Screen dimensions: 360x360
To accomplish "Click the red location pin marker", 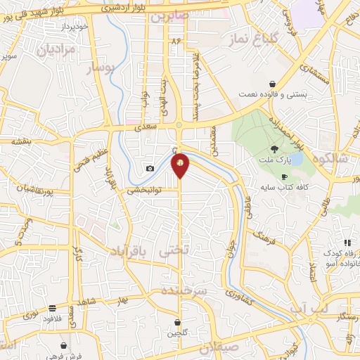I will pyautogui.click(x=181, y=164).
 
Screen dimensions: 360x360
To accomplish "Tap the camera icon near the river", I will pyautogui.click(x=150, y=168).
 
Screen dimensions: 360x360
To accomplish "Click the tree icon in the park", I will pyautogui.click(x=274, y=148).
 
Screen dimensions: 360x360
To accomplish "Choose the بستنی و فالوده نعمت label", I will pyautogui.click(x=272, y=94).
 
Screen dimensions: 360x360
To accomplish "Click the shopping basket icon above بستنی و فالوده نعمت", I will pyautogui.click(x=272, y=84).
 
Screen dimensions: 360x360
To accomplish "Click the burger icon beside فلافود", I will pyautogui.click(x=53, y=308).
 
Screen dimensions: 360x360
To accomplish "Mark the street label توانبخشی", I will pyautogui.click(x=145, y=190).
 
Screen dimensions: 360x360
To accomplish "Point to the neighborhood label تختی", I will pyautogui.click(x=174, y=250).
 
